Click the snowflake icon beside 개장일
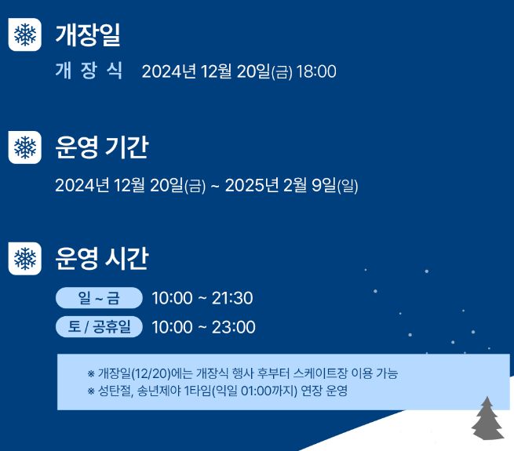click(x=25, y=35)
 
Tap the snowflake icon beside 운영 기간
click(x=25, y=147)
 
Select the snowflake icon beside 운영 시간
click(x=25, y=258)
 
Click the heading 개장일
click(x=88, y=35)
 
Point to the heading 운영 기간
click(x=102, y=147)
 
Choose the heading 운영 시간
click(x=102, y=258)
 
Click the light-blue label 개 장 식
click(x=89, y=71)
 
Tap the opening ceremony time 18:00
click(x=316, y=72)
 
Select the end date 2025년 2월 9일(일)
click(x=291, y=186)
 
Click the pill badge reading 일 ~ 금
click(x=99, y=298)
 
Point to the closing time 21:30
click(x=232, y=299)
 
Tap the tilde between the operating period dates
click(x=215, y=187)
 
